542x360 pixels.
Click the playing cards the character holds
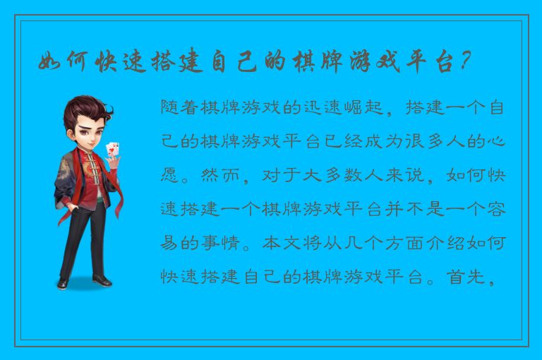point(112,149)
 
